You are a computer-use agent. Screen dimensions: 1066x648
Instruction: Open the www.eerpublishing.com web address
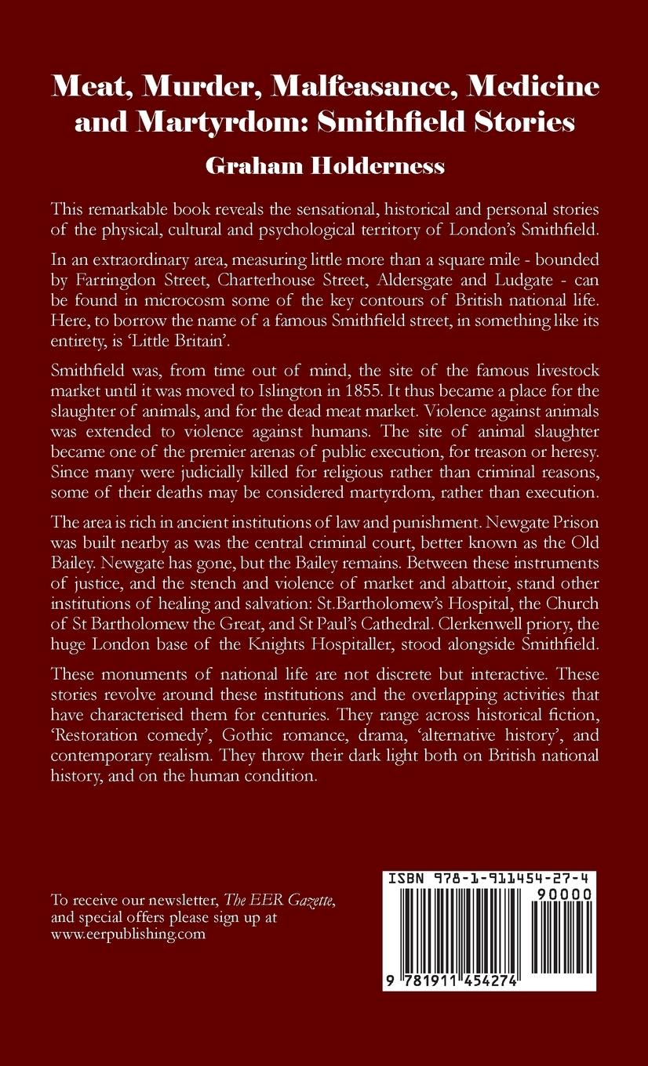(128, 934)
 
